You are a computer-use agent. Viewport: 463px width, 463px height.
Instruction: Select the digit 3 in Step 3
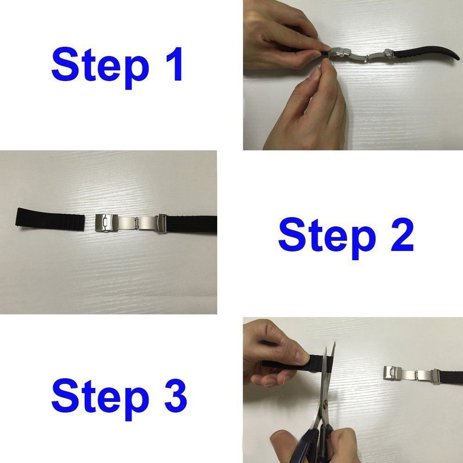[x=176, y=395]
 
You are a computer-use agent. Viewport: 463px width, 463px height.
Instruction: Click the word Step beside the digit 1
[x=100, y=67]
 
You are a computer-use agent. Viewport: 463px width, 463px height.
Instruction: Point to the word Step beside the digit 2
[x=327, y=238]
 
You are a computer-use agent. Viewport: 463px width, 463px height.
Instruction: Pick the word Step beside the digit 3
[x=100, y=399]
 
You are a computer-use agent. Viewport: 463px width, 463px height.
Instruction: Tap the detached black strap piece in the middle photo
[x=50, y=220]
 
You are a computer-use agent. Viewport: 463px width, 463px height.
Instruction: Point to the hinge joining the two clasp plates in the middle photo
[x=136, y=223]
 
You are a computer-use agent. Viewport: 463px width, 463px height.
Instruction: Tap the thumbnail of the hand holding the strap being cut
[x=302, y=358]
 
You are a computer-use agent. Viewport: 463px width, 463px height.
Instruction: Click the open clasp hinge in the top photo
[x=366, y=58]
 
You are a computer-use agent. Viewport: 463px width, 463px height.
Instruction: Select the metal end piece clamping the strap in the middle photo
[x=161, y=224]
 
